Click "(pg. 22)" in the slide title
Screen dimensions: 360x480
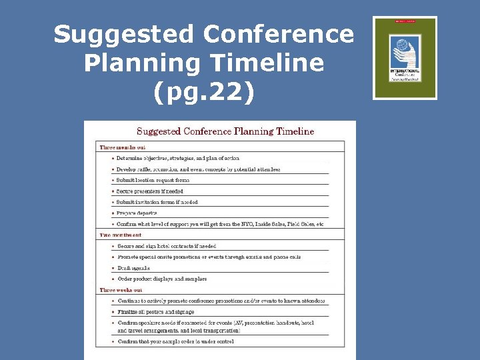pyautogui.click(x=203, y=91)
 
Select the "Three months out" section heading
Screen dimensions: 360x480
pyautogui.click(x=123, y=147)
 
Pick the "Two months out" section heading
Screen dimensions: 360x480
pyautogui.click(x=121, y=235)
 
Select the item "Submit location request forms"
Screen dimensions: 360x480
pyautogui.click(x=153, y=180)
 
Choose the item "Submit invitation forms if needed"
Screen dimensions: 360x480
pyautogui.click(x=157, y=202)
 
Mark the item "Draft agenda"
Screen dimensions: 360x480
pyautogui.click(x=133, y=268)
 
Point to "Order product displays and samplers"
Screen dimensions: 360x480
pyautogui.click(x=162, y=279)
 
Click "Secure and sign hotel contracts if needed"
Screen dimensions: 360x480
pyautogui.click(x=167, y=246)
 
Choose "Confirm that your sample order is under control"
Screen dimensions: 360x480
pyautogui.click(x=176, y=341)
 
